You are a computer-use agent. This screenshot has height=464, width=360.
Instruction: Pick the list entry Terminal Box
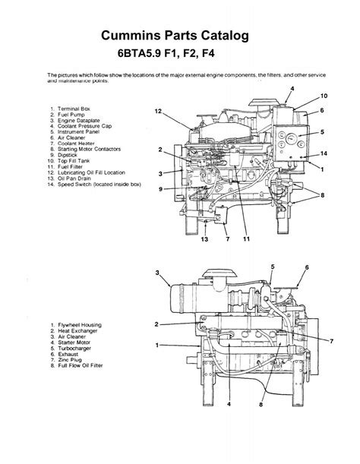[75, 109]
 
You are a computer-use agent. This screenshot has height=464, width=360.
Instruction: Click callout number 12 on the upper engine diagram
[159, 112]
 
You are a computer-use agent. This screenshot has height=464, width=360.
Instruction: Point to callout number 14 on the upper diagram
[324, 153]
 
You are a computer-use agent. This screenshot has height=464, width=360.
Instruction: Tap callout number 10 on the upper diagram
[324, 96]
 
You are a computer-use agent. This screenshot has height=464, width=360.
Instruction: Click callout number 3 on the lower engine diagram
[157, 273]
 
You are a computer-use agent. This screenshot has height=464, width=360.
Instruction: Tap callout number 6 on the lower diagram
[306, 267]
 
